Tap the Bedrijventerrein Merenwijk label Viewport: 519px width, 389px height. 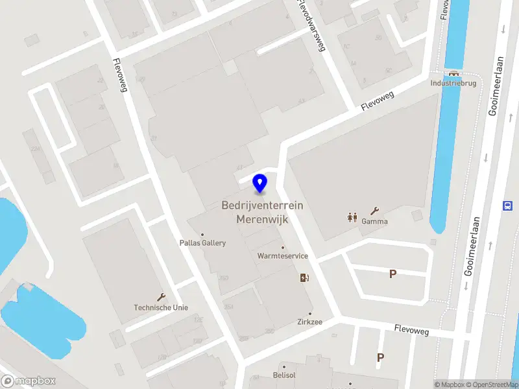[262, 212]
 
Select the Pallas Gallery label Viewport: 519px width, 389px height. [202, 243]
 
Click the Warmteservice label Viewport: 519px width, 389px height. [282, 256]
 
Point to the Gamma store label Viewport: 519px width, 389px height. [375, 221]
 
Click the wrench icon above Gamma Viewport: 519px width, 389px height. [374, 211]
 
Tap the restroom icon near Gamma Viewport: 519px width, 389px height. [352, 217]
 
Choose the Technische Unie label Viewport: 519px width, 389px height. [161, 307]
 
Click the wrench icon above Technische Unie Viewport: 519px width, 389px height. [161, 297]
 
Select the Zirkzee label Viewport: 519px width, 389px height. [309, 322]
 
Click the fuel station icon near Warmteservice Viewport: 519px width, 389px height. [304, 278]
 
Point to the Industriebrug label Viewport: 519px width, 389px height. [453, 83]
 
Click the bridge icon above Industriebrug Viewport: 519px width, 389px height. [453, 73]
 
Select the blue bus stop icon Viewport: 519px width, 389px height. [507, 206]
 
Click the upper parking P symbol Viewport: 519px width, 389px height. [392, 274]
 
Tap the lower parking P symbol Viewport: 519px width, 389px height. [380, 357]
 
